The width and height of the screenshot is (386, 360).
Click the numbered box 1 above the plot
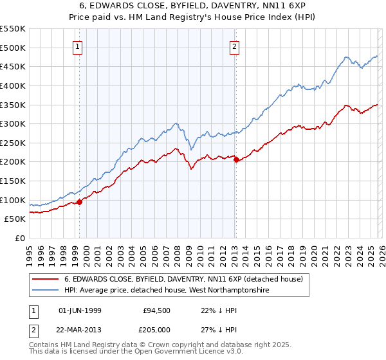(x=78, y=46)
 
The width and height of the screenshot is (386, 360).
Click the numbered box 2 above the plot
(x=234, y=46)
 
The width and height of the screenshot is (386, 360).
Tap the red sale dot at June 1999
(x=80, y=202)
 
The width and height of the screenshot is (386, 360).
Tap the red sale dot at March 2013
(x=236, y=160)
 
